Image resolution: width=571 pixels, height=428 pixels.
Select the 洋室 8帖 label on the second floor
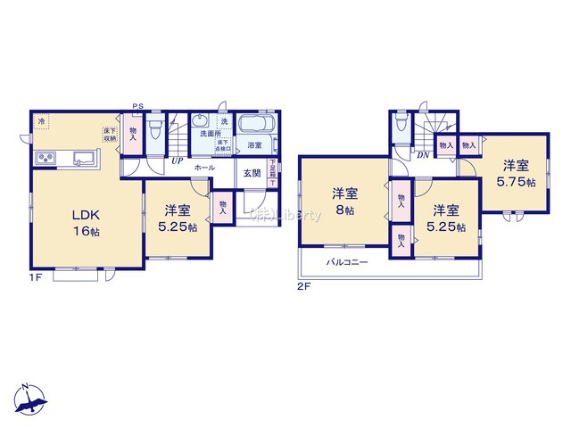click(x=346, y=202)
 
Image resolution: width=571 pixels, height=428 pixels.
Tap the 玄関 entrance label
click(x=252, y=174)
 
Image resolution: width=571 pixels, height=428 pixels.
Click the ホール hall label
click(x=203, y=167)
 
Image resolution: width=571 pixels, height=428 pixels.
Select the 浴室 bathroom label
click(x=254, y=144)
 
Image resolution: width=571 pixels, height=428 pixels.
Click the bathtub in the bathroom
click(x=258, y=124)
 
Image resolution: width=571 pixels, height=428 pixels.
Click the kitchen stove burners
click(x=46, y=159)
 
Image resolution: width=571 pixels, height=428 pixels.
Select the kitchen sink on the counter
click(x=83, y=159)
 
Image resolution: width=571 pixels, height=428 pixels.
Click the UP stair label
click(x=178, y=162)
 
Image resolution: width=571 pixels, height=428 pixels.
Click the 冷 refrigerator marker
click(x=41, y=119)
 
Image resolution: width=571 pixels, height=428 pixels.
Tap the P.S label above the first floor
click(x=137, y=107)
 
